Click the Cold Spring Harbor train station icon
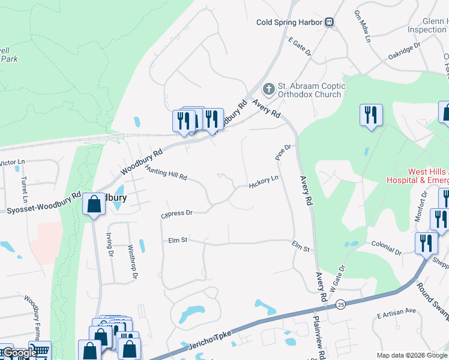(x=330, y=22)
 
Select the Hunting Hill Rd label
(x=166, y=174)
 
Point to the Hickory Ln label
(x=264, y=182)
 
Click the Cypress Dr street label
(x=176, y=213)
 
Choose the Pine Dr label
(x=283, y=151)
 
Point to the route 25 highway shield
(x=340, y=306)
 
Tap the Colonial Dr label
(x=385, y=248)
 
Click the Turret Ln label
(x=25, y=187)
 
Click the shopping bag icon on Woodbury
(x=94, y=204)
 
